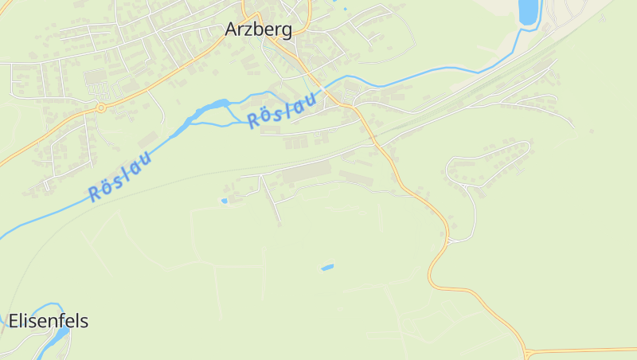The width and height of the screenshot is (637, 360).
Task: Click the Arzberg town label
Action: pyautogui.click(x=259, y=29)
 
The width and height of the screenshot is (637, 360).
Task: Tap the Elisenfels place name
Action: pyautogui.click(x=49, y=322)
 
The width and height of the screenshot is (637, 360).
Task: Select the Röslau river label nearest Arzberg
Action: pyautogui.click(x=283, y=110)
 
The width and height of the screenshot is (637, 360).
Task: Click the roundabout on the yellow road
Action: pyautogui.click(x=101, y=107)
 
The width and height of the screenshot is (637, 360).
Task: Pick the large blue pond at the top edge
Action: pyautogui.click(x=528, y=11)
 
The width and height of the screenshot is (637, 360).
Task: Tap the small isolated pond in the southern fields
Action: pyautogui.click(x=327, y=267)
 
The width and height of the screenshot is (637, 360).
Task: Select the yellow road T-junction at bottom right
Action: pyautogui.click(x=526, y=350)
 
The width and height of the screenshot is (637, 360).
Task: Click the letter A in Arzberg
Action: pyautogui.click(x=233, y=29)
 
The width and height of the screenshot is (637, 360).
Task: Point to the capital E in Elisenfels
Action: pyautogui.click(x=14, y=322)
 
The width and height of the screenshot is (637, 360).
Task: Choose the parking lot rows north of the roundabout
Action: pyautogui.click(x=96, y=79)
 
